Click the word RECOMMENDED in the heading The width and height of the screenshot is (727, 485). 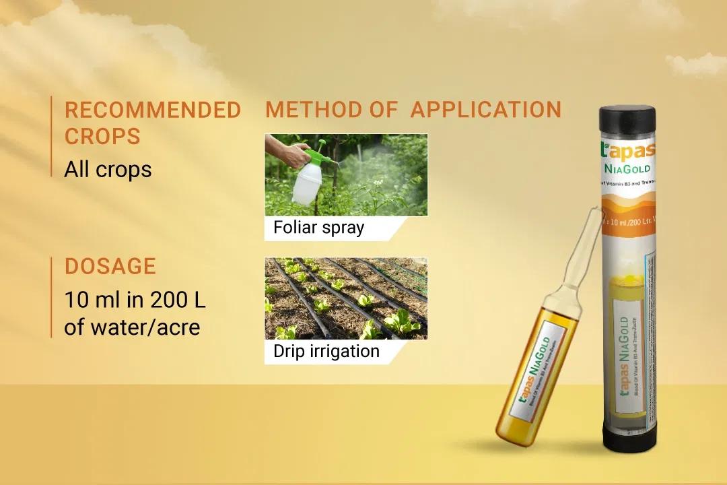[152, 110]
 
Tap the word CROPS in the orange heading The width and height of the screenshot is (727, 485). [102, 137]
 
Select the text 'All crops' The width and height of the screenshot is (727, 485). [108, 170]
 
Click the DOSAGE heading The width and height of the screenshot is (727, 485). [110, 267]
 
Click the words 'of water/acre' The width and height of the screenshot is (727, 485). [132, 327]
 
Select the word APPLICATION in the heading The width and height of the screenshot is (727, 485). [485, 110]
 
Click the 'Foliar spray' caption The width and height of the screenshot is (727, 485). [318, 228]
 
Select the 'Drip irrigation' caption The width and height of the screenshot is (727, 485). [326, 351]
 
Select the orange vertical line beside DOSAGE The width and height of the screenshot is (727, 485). [51, 296]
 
